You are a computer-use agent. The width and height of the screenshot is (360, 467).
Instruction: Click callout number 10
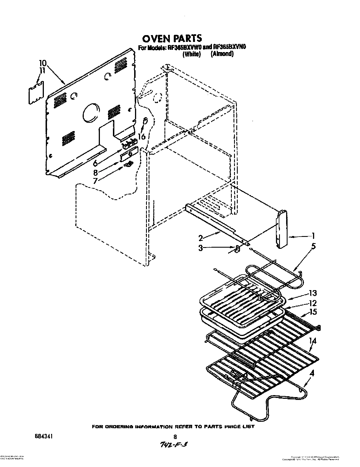click(x=41, y=63)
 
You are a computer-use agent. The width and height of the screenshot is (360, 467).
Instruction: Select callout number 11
click(x=42, y=71)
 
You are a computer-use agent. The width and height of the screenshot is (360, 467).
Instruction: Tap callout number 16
click(x=142, y=136)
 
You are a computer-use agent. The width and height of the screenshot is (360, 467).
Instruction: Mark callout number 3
click(x=200, y=248)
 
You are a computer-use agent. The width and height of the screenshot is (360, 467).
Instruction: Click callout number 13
click(x=313, y=293)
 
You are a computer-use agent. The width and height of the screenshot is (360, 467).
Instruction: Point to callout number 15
click(x=313, y=312)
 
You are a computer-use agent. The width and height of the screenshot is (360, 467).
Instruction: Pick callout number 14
click(x=312, y=341)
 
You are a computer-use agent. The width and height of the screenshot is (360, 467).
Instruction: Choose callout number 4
click(x=312, y=373)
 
